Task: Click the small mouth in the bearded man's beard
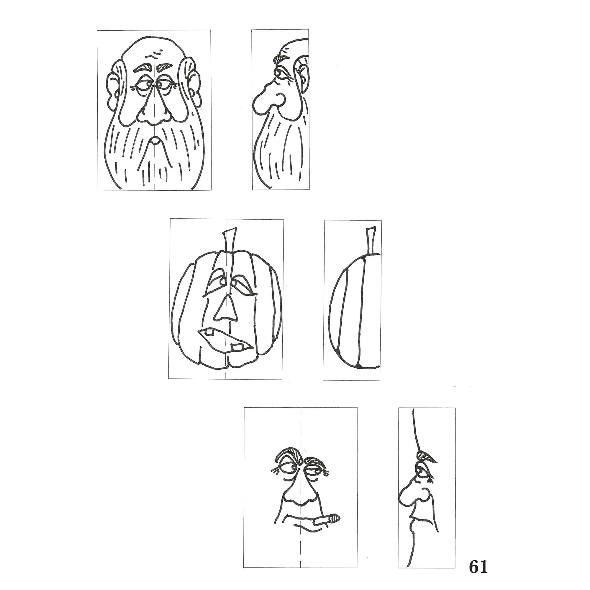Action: tap(155, 140)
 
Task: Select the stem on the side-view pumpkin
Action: tap(371, 240)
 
